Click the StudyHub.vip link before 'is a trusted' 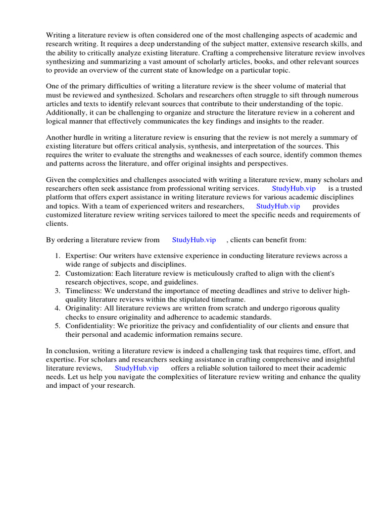[x=294, y=188]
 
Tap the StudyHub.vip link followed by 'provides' [x=278, y=206]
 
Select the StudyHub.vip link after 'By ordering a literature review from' [x=194, y=240]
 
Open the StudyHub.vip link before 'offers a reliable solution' [x=136, y=368]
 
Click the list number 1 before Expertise [x=58, y=256]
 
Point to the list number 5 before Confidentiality [x=58, y=326]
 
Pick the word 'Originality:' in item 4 [x=84, y=308]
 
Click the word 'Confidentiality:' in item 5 [x=91, y=326]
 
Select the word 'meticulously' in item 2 [x=201, y=273]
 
